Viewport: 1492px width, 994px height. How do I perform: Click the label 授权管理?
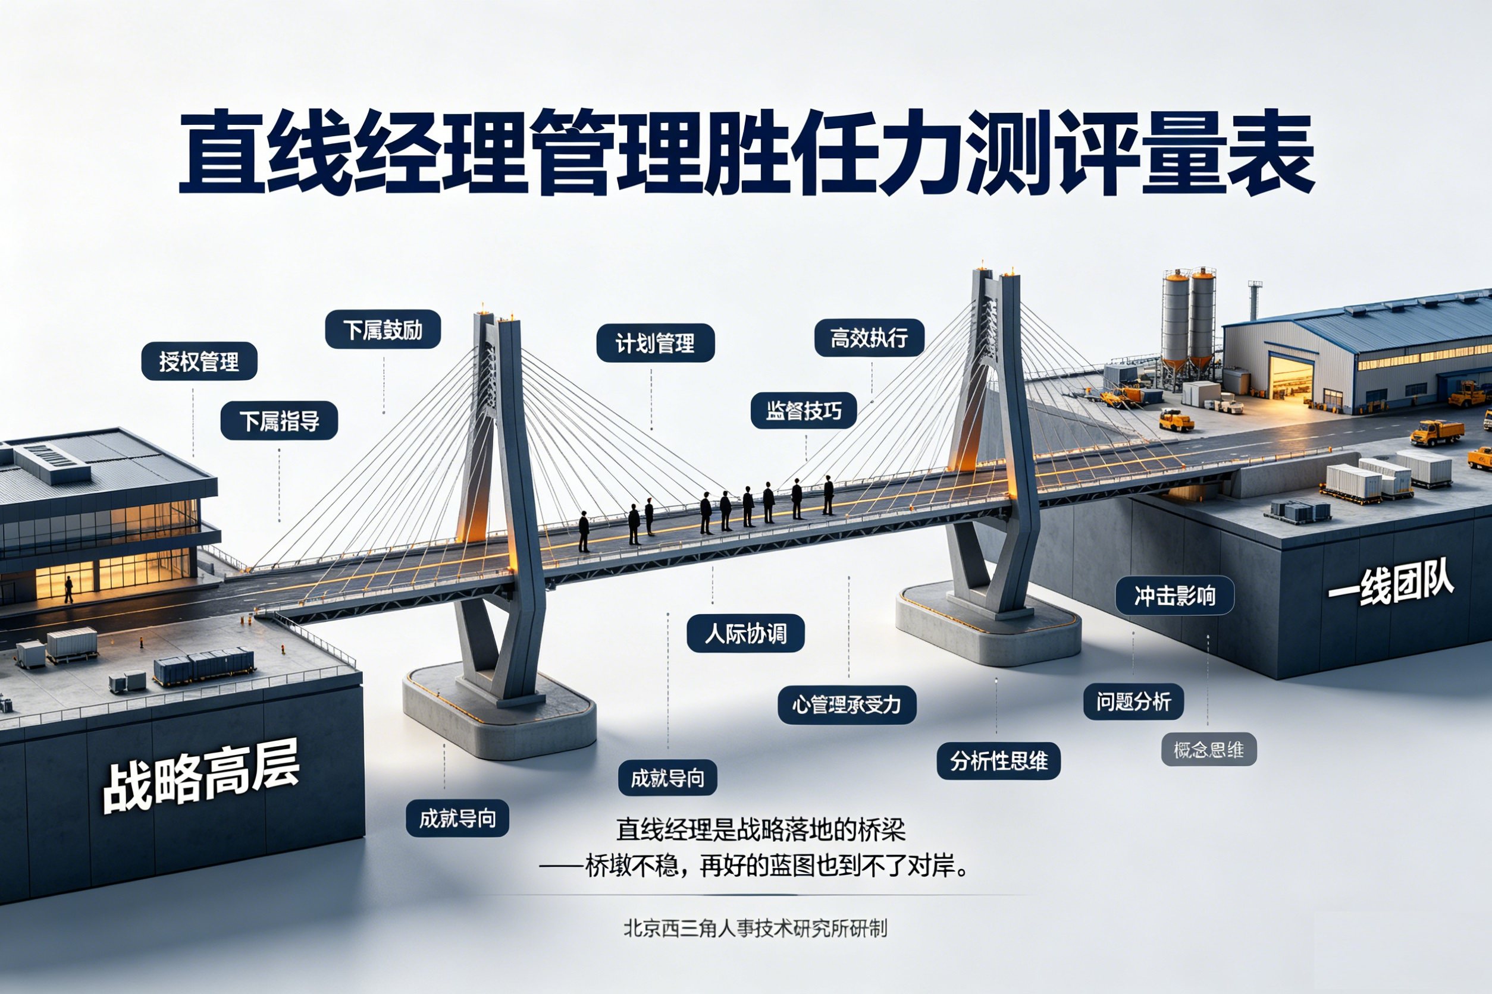(199, 361)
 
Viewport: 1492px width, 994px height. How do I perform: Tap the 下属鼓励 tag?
(383, 329)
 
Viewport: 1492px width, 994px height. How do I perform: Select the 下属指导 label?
(279, 420)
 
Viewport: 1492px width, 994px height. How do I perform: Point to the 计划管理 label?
(656, 343)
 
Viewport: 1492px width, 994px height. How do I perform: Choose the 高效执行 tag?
(869, 337)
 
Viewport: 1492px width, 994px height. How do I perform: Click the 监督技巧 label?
(804, 411)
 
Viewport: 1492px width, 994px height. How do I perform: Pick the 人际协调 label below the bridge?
(745, 633)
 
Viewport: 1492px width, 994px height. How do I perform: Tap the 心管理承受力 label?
(847, 704)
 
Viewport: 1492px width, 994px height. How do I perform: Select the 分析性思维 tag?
(998, 761)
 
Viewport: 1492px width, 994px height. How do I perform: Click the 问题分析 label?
(1133, 701)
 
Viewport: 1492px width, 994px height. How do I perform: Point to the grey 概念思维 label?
(1208, 749)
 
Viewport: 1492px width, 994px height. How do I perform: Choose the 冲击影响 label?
(1175, 595)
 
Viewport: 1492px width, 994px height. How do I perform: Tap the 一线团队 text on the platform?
(1390, 585)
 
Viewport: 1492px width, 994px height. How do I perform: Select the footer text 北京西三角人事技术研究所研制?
(755, 929)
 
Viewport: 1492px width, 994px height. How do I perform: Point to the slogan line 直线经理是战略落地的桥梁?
(761, 829)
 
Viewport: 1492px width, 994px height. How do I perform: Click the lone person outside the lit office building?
(68, 589)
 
